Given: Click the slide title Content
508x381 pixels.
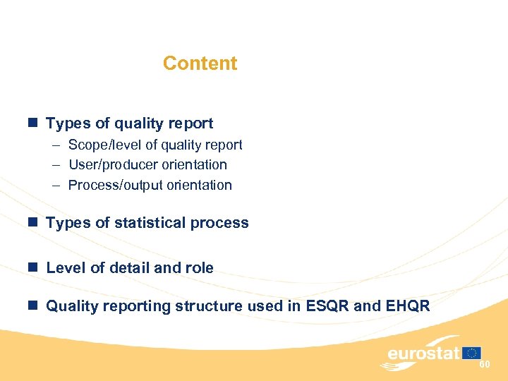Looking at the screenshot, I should click(200, 64).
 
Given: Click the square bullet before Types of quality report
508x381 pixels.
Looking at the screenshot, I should click(32, 123).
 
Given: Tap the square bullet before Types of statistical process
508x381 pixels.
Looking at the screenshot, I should click(32, 223).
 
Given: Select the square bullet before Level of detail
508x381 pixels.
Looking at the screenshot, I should click(32, 268).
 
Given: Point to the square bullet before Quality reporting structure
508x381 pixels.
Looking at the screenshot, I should click(32, 306).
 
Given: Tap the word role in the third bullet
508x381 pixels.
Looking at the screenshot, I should click(199, 268).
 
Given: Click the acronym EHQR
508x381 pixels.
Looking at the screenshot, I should click(407, 306).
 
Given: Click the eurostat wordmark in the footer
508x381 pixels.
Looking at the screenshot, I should click(423, 353).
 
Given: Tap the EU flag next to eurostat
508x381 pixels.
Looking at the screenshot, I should click(472, 353).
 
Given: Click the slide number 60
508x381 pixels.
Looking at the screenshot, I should click(485, 364).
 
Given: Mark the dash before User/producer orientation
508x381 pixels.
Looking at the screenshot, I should click(55, 165).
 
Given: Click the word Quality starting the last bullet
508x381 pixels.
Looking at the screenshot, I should click(72, 306).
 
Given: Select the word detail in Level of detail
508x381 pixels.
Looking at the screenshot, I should click(129, 268).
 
